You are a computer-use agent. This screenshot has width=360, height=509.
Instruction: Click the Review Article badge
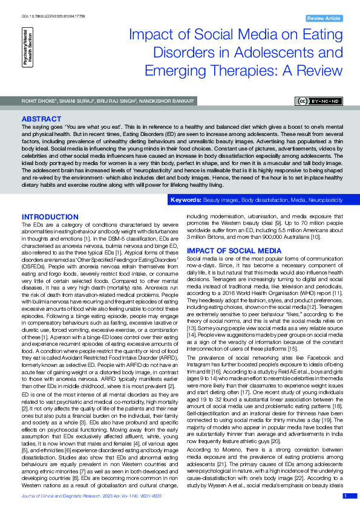click(x=324, y=19)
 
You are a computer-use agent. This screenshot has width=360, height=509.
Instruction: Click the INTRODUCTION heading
click(x=50, y=217)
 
